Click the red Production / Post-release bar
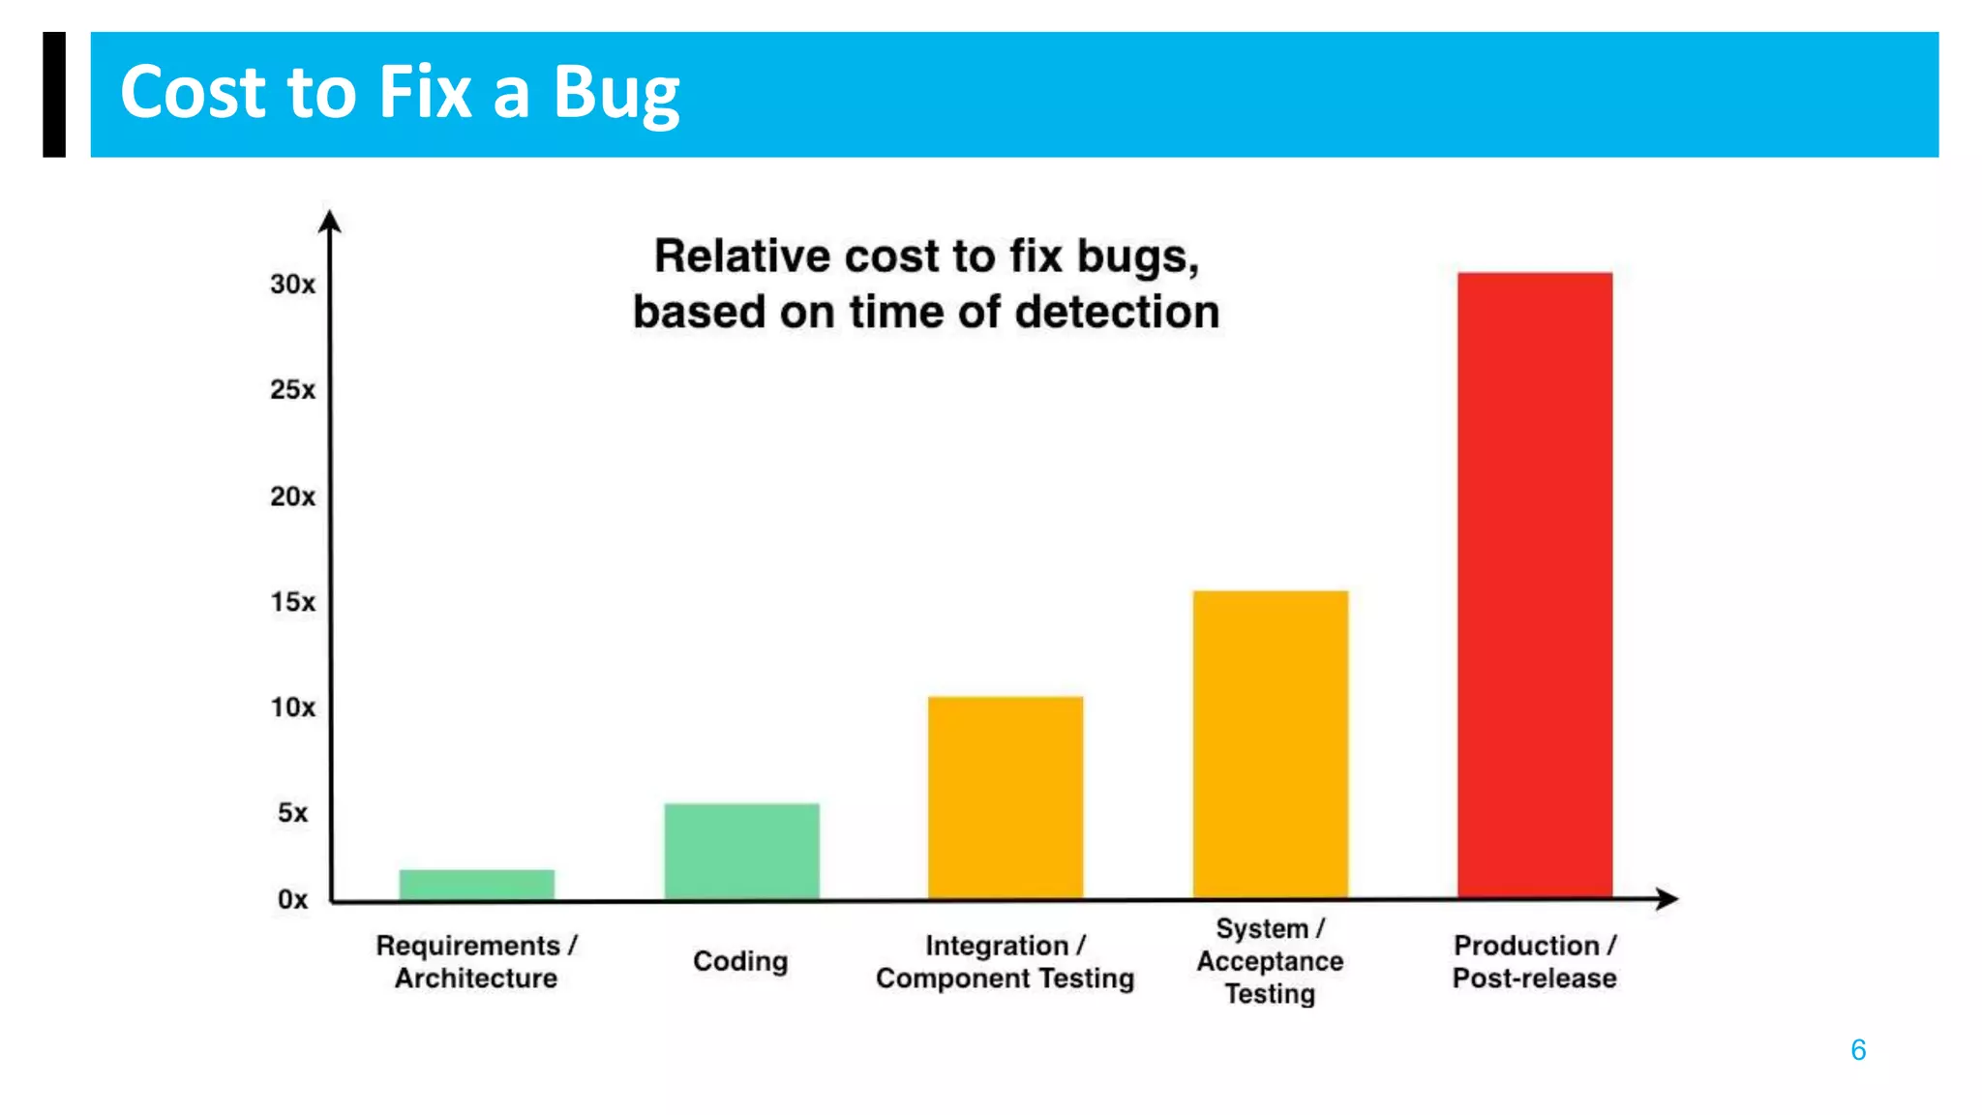coord(1535,585)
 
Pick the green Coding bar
coord(741,851)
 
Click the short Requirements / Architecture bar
coord(476,884)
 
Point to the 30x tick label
coord(292,285)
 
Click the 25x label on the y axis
coord(292,390)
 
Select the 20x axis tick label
coord(292,497)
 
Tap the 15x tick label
coord(292,602)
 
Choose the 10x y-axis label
coord(292,708)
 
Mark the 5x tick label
coord(292,813)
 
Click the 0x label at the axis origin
coord(292,899)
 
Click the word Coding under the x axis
coord(740,961)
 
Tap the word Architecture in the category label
coord(475,979)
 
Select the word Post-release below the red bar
coord(1534,979)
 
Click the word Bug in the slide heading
coord(616,94)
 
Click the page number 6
coord(1858,1050)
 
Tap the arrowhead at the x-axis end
coord(1667,899)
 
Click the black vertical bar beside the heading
coord(54,94)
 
